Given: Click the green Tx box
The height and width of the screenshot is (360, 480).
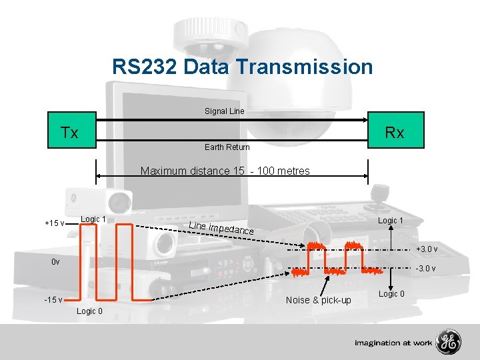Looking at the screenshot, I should [69, 133].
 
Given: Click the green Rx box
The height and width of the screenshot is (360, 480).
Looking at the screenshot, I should [395, 133].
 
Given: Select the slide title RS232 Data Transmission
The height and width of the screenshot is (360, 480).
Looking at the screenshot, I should [242, 67].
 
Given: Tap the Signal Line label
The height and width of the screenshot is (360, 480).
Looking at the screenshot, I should [225, 111].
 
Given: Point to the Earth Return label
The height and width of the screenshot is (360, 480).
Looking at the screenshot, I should [227, 147].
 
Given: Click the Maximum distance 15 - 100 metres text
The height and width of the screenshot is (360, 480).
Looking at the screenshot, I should [225, 171].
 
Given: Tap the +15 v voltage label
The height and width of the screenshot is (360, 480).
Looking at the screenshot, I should [54, 223].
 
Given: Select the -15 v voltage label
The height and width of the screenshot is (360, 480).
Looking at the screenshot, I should [53, 299].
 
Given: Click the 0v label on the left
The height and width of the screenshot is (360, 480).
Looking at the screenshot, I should [55, 262].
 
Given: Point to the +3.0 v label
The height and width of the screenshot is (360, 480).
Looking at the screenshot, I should [427, 249].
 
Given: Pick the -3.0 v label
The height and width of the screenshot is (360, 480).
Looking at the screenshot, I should [426, 269].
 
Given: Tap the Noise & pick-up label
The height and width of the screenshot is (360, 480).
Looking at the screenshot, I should [318, 300].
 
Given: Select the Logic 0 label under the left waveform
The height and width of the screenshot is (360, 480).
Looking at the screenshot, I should [89, 311].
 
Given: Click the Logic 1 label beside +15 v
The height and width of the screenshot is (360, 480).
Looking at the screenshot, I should [93, 219].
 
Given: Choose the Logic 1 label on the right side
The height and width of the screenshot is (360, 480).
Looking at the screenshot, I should [391, 221].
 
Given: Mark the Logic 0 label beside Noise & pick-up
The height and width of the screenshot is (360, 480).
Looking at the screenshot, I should [391, 294].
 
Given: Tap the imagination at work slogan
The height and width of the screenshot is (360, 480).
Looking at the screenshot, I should [393, 343].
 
